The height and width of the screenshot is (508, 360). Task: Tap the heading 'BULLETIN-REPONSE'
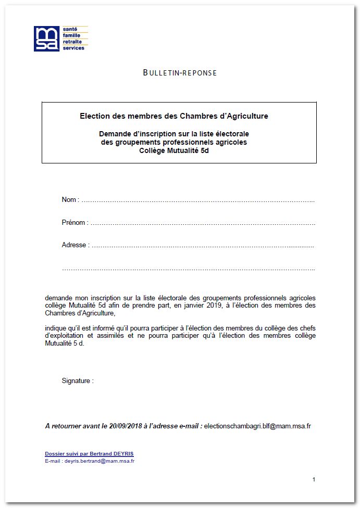(x=180, y=73)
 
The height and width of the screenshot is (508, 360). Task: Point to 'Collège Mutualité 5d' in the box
(x=174, y=150)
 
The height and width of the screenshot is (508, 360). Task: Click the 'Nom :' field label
(x=70, y=200)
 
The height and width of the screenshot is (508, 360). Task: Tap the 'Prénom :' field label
(x=75, y=223)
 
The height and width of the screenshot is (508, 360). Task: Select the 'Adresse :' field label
(x=76, y=245)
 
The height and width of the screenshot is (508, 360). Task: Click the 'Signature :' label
(x=78, y=381)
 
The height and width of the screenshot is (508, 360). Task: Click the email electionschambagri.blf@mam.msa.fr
(x=257, y=426)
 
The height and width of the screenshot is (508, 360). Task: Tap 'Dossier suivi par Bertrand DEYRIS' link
(x=89, y=454)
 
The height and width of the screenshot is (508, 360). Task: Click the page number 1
(x=314, y=479)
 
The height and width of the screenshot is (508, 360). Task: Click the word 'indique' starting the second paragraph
(x=56, y=328)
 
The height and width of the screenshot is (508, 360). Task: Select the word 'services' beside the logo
(x=73, y=48)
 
